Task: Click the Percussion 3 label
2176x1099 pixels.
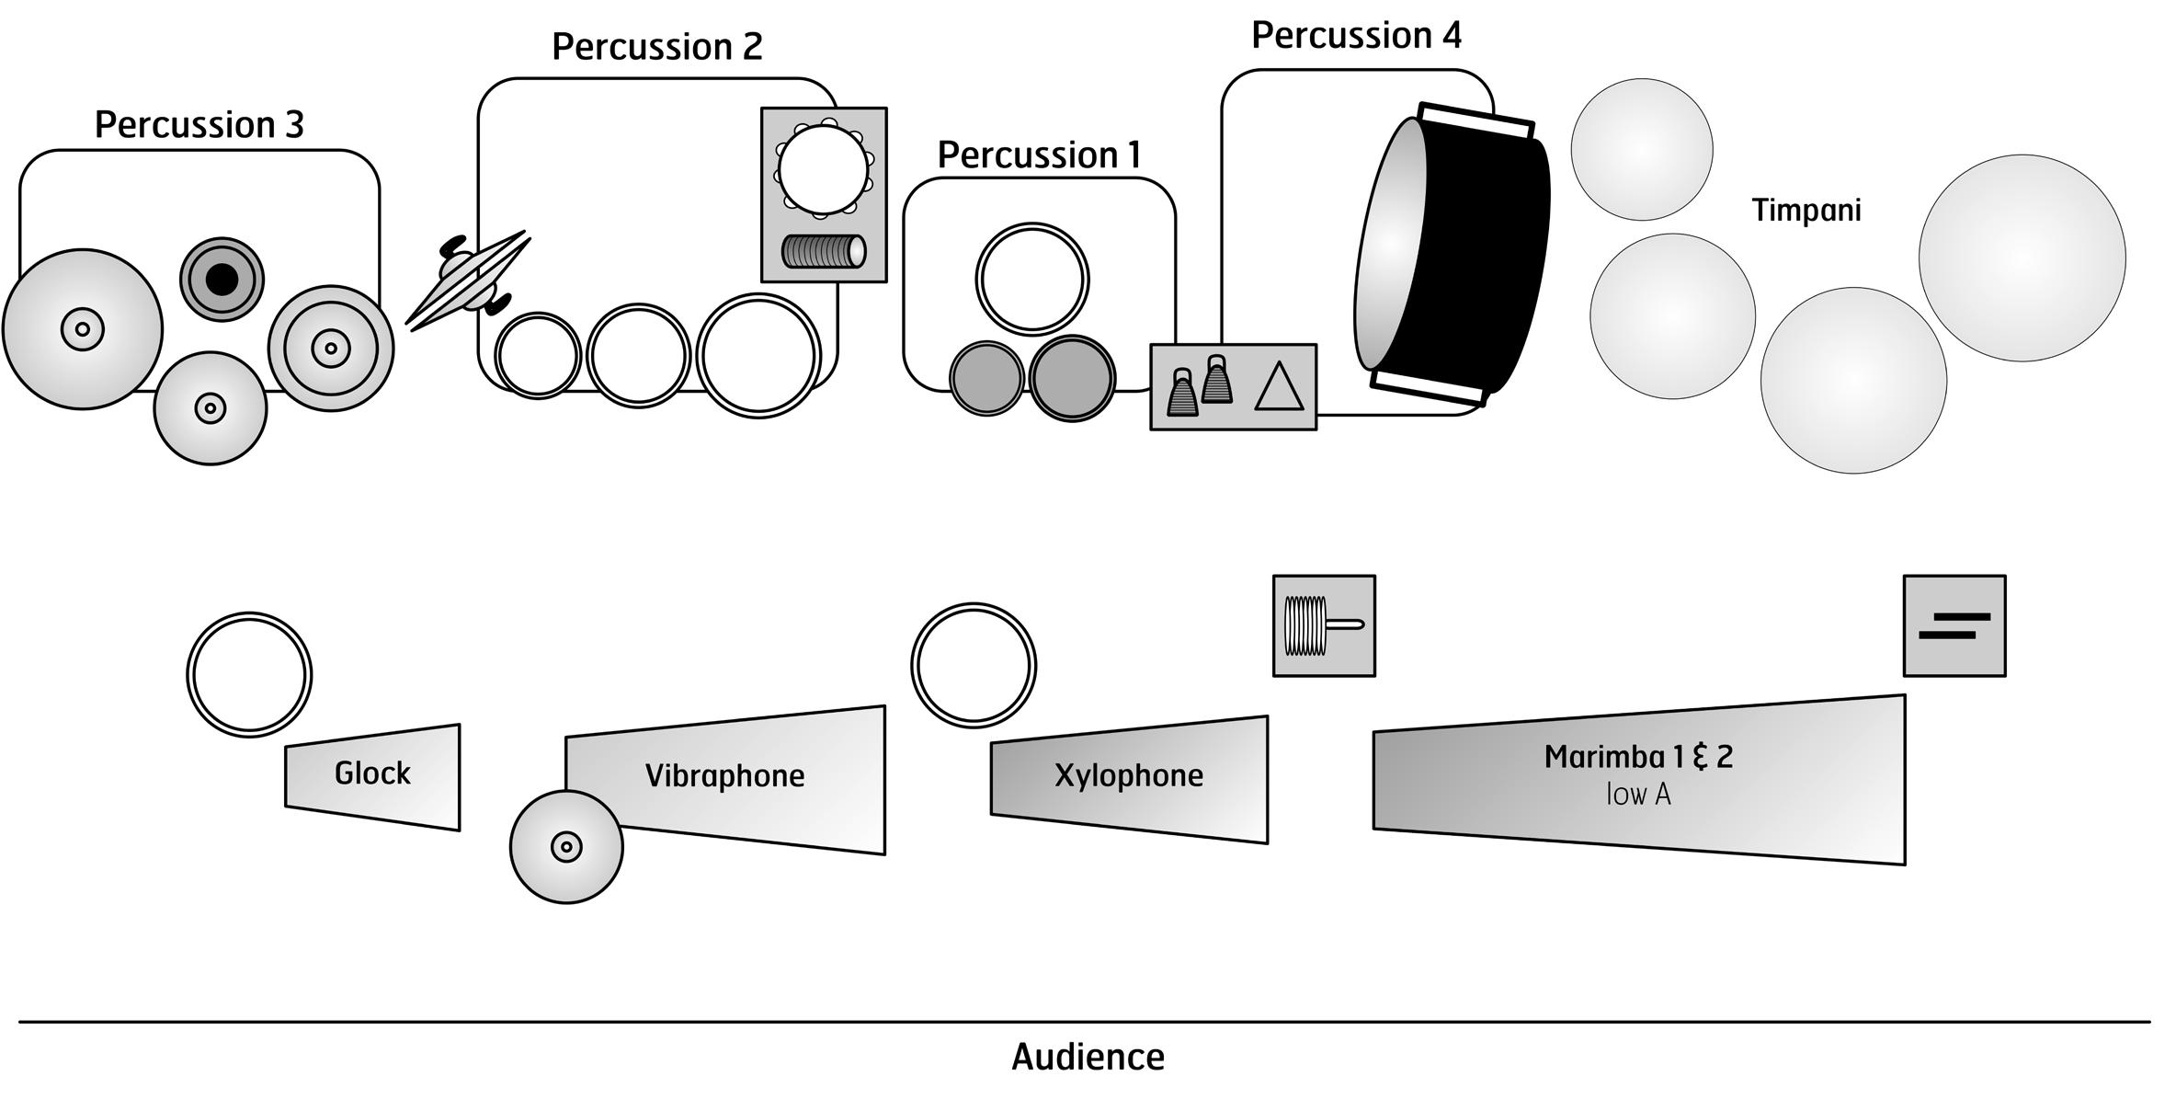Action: tap(199, 125)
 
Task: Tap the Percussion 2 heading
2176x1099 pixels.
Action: tap(657, 47)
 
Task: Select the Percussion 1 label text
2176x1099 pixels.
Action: tap(1039, 155)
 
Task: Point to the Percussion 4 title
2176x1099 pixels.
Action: tap(1356, 36)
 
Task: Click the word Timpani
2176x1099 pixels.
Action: tap(1806, 211)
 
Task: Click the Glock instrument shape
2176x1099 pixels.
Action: tap(372, 777)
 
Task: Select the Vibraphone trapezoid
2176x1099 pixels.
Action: tap(725, 780)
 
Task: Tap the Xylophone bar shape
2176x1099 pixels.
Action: tap(1129, 779)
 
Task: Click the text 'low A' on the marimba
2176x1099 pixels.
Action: tap(1638, 795)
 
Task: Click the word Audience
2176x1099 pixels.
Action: tap(1088, 1058)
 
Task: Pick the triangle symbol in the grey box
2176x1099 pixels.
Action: tap(1279, 386)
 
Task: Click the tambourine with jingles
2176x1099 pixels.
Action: tap(823, 169)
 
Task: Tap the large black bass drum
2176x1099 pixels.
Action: tap(1451, 254)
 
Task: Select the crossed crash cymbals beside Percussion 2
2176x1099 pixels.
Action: tap(469, 280)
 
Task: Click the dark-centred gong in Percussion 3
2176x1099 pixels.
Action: tap(222, 280)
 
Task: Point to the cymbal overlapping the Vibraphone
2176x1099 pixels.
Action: tap(566, 846)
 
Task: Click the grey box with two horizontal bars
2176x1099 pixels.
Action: tap(1954, 626)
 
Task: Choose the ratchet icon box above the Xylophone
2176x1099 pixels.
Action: tap(1324, 626)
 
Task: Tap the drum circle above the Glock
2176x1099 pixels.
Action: tap(249, 675)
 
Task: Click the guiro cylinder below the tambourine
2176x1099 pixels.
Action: tap(824, 251)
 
